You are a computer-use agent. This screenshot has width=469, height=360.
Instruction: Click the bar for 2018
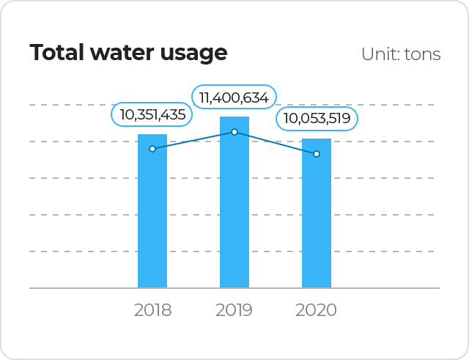pyautogui.click(x=152, y=220)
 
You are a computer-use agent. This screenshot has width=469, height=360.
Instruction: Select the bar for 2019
pyautogui.click(x=234, y=213)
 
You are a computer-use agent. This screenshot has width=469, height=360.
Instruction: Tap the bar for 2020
pyautogui.click(x=317, y=220)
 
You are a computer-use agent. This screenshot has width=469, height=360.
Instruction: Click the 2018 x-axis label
pyautogui.click(x=152, y=310)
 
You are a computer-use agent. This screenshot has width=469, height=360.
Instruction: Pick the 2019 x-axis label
pyautogui.click(x=234, y=310)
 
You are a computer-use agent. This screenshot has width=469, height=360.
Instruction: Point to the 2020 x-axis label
pyautogui.click(x=317, y=310)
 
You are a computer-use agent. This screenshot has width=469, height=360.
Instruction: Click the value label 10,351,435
pyautogui.click(x=152, y=114)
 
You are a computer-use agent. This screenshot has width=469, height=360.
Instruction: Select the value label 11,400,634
pyautogui.click(x=234, y=97)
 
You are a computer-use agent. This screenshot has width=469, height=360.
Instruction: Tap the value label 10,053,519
pyautogui.click(x=317, y=119)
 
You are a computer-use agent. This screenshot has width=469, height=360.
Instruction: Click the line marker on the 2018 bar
pyautogui.click(x=152, y=149)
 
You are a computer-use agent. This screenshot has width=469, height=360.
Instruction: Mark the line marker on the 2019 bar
pyautogui.click(x=234, y=132)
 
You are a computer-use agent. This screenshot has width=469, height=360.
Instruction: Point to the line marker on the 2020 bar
pyautogui.click(x=317, y=154)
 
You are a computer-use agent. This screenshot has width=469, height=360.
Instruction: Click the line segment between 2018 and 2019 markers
pyautogui.click(x=193, y=140)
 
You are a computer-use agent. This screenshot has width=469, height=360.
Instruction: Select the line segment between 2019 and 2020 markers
pyautogui.click(x=276, y=143)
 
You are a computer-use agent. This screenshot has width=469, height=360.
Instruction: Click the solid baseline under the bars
pyautogui.click(x=88, y=288)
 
